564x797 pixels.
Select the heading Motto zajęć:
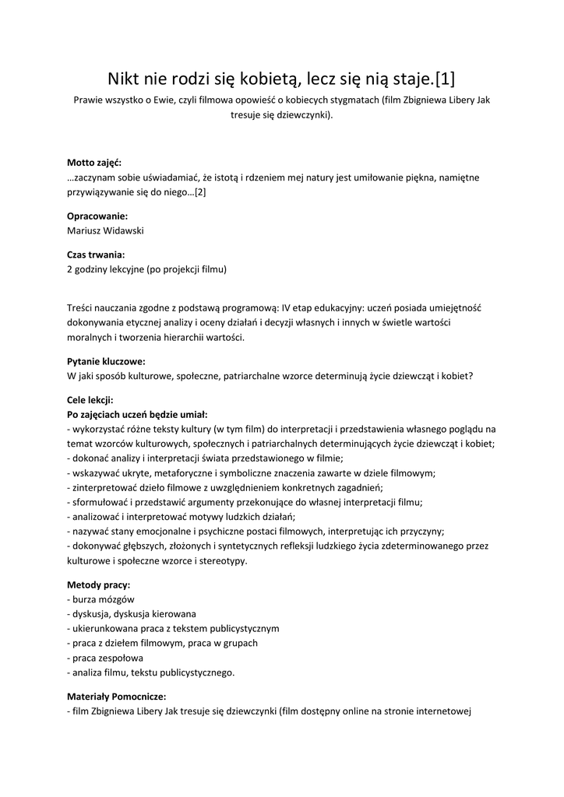(94, 163)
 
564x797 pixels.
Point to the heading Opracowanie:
(97, 216)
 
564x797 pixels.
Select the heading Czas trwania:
(96, 255)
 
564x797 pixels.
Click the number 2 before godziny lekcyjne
(70, 269)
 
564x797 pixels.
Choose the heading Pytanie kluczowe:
(107, 361)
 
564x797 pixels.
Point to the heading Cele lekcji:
(90, 400)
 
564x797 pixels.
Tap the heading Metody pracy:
(99, 585)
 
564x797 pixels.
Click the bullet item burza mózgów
(104, 599)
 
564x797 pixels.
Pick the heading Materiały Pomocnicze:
(117, 697)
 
